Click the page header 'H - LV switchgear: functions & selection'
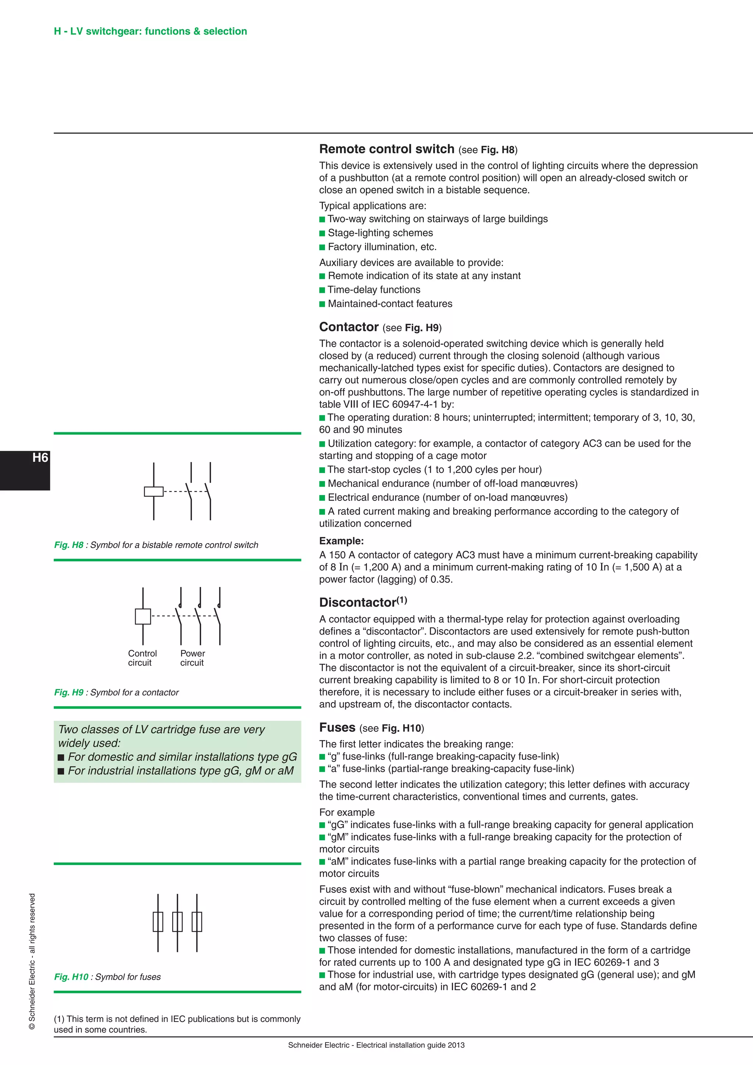[150, 31]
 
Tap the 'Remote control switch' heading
[387, 149]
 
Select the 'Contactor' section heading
[349, 327]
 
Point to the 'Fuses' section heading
[337, 727]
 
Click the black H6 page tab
[25, 470]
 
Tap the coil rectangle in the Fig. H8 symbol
[153, 491]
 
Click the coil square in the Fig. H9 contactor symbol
[143, 616]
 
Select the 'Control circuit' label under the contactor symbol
[142, 658]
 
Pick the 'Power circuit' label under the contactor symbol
[192, 658]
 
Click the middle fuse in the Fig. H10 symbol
[177, 922]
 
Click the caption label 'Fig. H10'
[71, 977]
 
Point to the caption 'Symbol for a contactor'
[135, 692]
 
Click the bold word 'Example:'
[341, 541]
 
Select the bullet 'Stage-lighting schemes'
[380, 233]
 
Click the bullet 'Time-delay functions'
[374, 290]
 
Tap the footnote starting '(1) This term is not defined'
[177, 1024]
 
